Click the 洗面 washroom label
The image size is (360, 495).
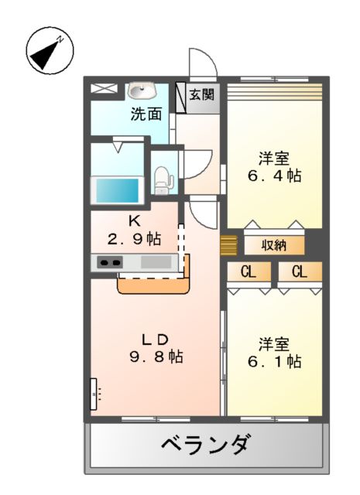[x=146, y=114]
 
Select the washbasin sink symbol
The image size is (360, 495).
[x=141, y=90]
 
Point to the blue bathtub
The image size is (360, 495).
[x=116, y=189]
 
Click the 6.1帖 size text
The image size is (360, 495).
[x=274, y=361]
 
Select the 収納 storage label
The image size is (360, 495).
[x=274, y=246]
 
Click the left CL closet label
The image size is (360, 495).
[x=249, y=271]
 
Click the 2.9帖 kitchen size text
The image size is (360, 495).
[x=134, y=238]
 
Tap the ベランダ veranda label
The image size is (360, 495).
[x=205, y=445]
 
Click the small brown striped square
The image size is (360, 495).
[x=228, y=245]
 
